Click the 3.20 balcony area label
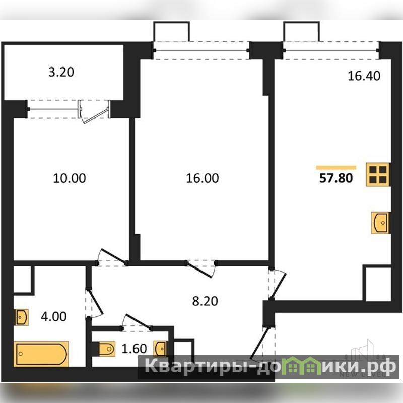(x=61, y=72)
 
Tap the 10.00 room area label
(x=70, y=178)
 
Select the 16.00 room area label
(x=203, y=178)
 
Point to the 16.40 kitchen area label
(x=364, y=76)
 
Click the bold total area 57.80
(x=336, y=178)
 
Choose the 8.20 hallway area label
(x=205, y=301)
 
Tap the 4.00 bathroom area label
(x=54, y=316)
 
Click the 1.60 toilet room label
(x=134, y=349)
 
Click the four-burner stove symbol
(x=378, y=174)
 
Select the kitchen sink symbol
(x=381, y=223)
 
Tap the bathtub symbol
(x=41, y=354)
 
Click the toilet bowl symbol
(x=106, y=349)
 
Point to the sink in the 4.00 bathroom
(x=22, y=317)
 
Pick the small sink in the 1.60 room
(x=160, y=349)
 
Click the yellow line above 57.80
(x=336, y=168)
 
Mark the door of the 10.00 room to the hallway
(x=112, y=257)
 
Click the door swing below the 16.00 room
(x=201, y=269)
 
